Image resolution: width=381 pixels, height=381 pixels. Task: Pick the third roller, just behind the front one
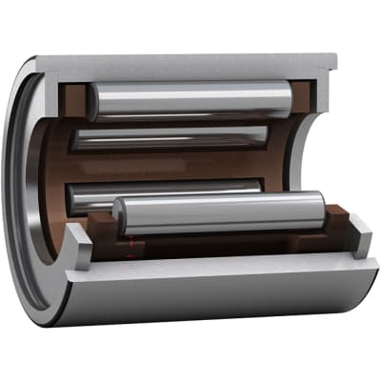pyautogui.click(x=162, y=195)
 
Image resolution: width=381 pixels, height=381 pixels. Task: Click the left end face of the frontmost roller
pyautogui.click(x=120, y=217)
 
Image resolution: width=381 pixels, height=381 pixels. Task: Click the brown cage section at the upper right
pyautogui.click(x=303, y=92)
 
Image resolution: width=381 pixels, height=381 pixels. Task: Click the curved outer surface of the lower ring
pyautogui.click(x=210, y=295)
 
